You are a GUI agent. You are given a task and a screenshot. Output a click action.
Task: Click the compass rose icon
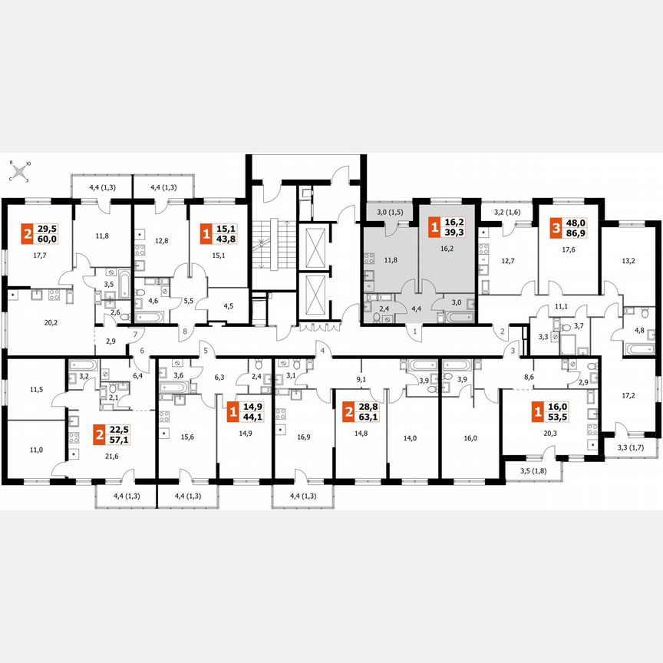click(x=18, y=172)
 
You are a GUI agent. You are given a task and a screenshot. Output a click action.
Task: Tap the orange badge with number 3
click(x=555, y=227)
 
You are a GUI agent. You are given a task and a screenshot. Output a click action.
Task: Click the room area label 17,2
click(x=628, y=397)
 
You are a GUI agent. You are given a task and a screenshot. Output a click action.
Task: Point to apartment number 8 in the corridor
click(x=184, y=331)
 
